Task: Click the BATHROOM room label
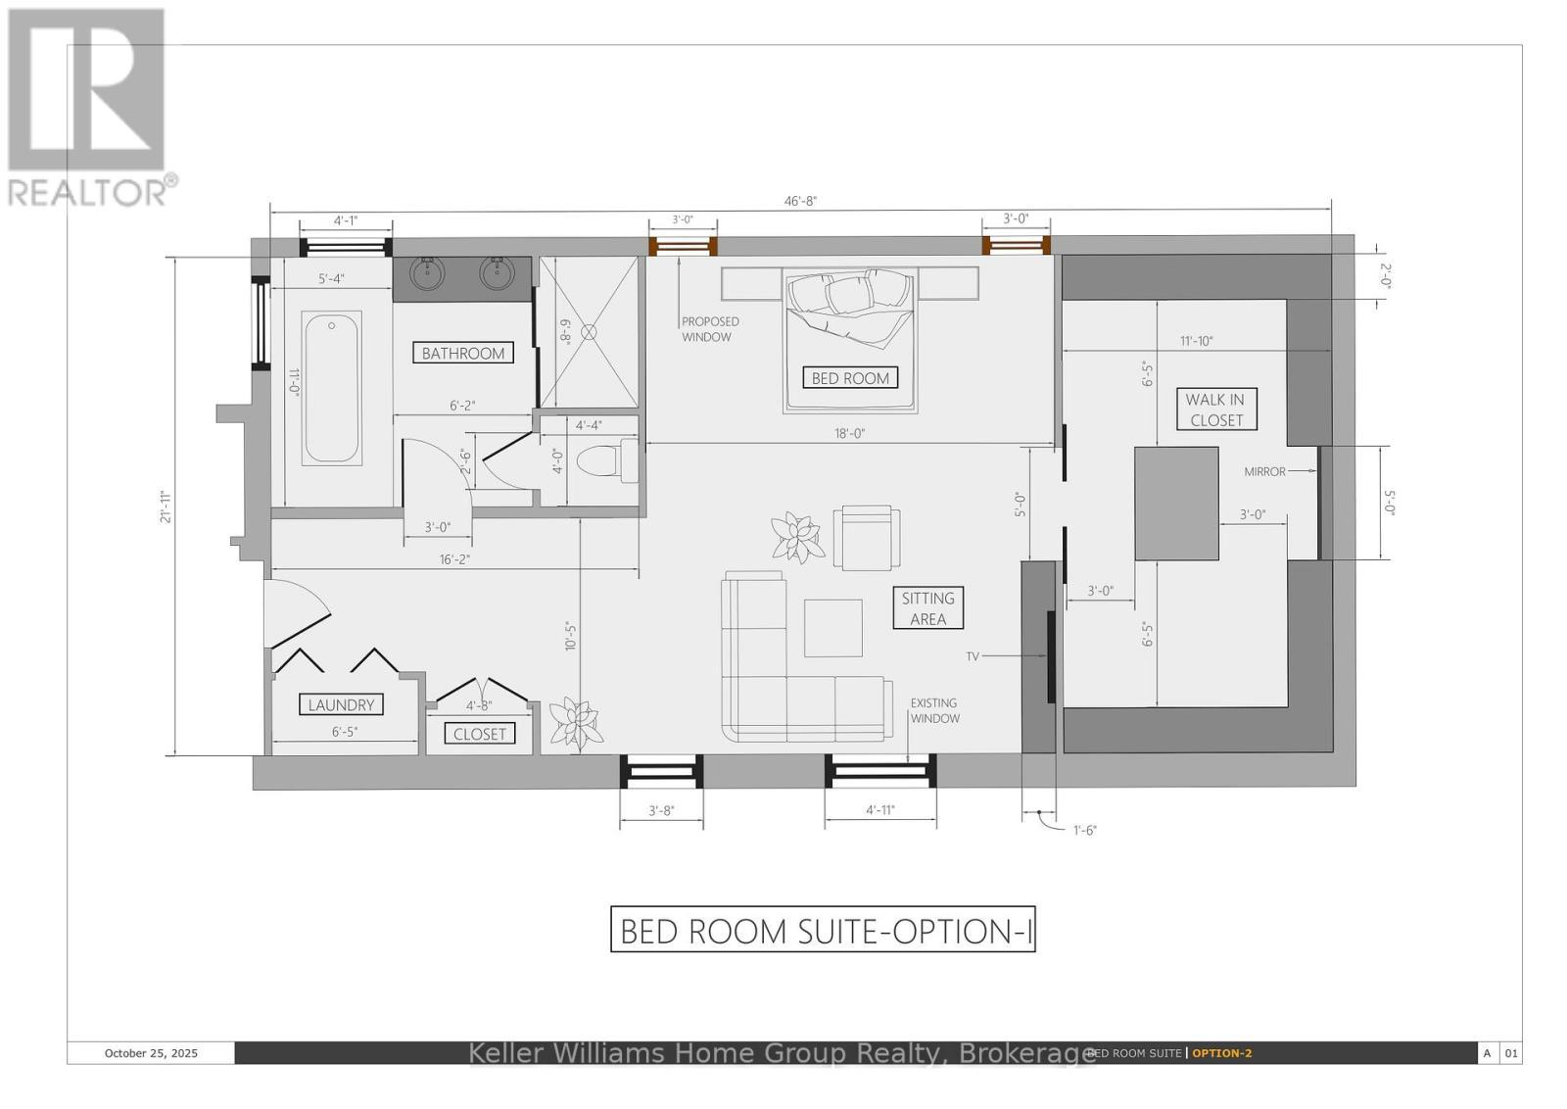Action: pos(463,353)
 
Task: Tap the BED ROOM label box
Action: pos(850,377)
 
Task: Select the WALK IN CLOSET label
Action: pos(1215,410)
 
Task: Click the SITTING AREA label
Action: pos(927,607)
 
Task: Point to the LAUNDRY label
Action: pos(341,704)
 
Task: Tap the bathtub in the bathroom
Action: pos(332,386)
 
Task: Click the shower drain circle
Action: pos(589,332)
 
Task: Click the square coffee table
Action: pos(833,628)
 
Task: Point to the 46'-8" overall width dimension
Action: pos(800,201)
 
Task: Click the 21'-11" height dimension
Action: pos(167,506)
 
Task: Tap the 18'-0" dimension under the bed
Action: pos(850,433)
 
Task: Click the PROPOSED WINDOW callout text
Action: pos(710,329)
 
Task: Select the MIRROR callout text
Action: pos(1264,471)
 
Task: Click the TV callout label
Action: pos(973,656)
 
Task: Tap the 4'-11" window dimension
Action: pos(879,810)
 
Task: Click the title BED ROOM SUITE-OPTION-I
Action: pos(823,930)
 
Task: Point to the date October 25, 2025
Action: pos(151,1053)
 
